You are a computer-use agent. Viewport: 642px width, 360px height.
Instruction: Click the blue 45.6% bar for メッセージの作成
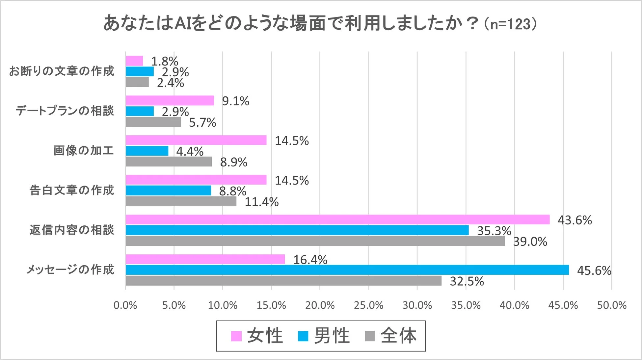[x=347, y=270]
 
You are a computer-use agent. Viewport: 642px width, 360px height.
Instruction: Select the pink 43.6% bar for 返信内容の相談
[x=337, y=219]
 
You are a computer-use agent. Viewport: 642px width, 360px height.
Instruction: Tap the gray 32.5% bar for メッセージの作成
[x=283, y=281]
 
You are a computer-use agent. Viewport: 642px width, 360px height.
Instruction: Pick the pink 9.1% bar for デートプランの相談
[x=170, y=100]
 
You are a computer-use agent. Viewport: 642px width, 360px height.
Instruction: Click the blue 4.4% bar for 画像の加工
[x=147, y=151]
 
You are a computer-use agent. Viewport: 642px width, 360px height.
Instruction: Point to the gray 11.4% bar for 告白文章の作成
[x=181, y=201]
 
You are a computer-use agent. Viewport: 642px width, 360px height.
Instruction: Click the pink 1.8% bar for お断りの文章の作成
[x=134, y=61]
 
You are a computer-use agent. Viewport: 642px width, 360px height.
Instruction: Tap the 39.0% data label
[x=530, y=242]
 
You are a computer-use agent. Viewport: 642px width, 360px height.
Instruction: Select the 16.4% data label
[x=310, y=260]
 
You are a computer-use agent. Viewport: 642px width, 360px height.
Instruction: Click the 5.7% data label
[x=202, y=122]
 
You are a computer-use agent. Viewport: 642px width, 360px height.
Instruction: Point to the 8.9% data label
[x=233, y=162]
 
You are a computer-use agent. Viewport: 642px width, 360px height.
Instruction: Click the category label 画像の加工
[x=84, y=150]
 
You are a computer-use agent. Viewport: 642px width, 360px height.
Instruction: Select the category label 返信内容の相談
[x=72, y=230]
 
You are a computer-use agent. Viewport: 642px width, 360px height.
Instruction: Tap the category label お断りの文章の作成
[x=62, y=71]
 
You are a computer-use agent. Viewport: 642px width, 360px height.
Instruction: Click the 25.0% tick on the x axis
[x=368, y=305]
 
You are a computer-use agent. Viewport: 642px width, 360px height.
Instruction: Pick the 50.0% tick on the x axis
[x=611, y=305]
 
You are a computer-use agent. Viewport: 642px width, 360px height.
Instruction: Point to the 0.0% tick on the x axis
[x=125, y=305]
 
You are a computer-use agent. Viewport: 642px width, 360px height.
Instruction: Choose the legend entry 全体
[x=391, y=336]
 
